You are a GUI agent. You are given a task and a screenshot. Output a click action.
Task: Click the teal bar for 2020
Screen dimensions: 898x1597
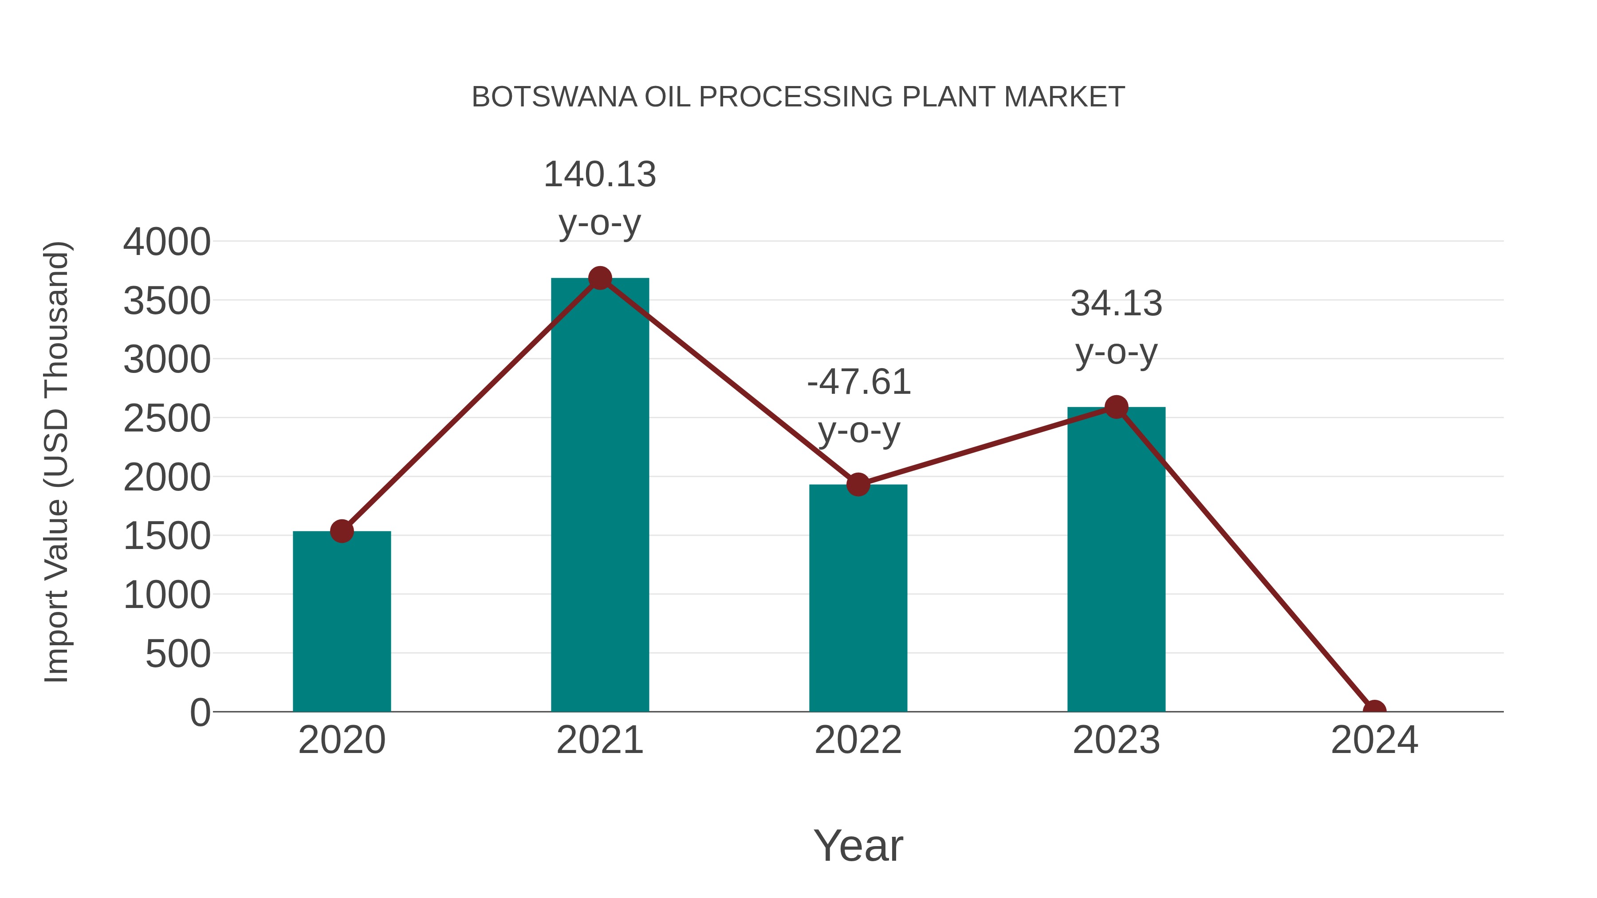342,622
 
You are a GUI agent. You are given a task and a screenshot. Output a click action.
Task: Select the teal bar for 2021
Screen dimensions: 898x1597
599,496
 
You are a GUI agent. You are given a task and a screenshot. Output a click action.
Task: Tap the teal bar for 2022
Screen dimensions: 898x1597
858,598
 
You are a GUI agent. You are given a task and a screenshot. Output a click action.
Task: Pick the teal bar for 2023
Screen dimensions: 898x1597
1116,560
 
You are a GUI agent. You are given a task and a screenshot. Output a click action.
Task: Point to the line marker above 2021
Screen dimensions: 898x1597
599,278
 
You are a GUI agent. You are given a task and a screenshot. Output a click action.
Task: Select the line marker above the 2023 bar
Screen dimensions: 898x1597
1116,407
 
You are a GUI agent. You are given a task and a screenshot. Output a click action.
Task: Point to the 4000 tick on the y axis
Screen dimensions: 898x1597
167,242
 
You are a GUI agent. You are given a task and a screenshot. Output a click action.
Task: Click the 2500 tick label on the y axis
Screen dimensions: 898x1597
167,419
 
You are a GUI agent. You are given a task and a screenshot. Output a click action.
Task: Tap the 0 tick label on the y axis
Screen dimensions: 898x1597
200,712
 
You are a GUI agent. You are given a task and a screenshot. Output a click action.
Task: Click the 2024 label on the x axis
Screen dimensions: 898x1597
1374,740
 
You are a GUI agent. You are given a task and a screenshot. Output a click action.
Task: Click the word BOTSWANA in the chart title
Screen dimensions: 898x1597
554,97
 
